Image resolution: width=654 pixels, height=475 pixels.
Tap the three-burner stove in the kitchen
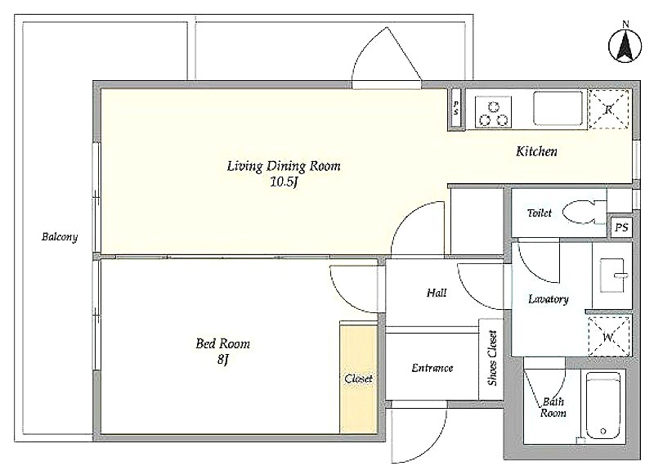[494, 112]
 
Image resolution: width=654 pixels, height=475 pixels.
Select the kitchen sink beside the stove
[558, 109]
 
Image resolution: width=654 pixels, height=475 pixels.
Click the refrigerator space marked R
[608, 110]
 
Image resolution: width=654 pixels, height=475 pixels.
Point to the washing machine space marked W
[608, 337]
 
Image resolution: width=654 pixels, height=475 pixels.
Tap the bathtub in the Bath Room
[602, 406]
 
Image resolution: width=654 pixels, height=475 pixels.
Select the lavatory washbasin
[612, 276]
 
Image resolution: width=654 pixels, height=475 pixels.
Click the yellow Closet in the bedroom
[359, 379]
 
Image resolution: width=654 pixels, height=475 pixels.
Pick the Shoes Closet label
[492, 358]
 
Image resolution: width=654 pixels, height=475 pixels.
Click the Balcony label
[60, 237]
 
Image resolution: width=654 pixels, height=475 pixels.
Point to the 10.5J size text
[284, 182]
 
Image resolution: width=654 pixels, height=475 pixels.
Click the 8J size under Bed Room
[223, 360]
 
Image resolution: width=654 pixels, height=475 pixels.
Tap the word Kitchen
[536, 151]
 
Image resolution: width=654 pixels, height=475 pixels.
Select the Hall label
[437, 294]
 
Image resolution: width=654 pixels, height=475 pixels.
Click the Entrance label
[432, 368]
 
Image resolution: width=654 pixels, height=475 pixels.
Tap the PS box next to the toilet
[621, 228]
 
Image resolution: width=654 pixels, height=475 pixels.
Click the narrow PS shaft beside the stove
[456, 108]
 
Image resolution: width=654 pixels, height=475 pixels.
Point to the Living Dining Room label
[284, 166]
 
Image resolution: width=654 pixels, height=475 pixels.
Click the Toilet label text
[540, 213]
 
